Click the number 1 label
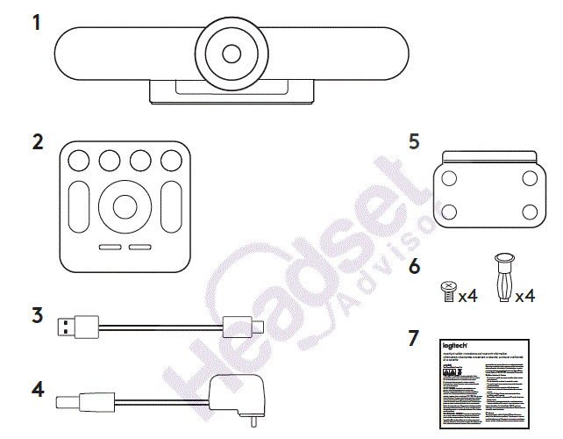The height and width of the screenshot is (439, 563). pos(37,22)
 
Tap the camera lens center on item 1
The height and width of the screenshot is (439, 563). pos(231,53)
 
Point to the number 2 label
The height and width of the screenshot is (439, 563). pos(37,142)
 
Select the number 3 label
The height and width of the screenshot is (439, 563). pos(37,314)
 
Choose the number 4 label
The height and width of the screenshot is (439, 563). pos(37,388)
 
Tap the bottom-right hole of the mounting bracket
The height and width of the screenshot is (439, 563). pos(530,211)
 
